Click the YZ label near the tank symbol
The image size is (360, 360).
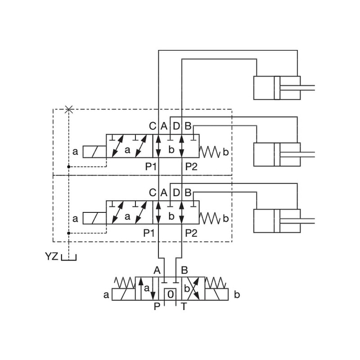coord(52,257)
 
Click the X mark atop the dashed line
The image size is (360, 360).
coord(68,109)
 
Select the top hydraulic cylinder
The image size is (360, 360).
coord(277,88)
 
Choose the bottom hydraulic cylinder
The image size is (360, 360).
coord(277,221)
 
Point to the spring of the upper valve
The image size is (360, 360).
coord(210,152)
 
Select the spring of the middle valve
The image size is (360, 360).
coord(210,218)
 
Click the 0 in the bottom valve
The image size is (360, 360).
coord(170,294)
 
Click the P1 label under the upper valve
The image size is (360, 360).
coord(151,166)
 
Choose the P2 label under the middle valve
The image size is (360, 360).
coord(191,233)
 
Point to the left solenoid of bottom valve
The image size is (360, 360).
coord(123,295)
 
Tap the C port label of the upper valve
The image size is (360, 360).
coord(153,126)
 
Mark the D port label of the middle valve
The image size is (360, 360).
coord(176,192)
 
